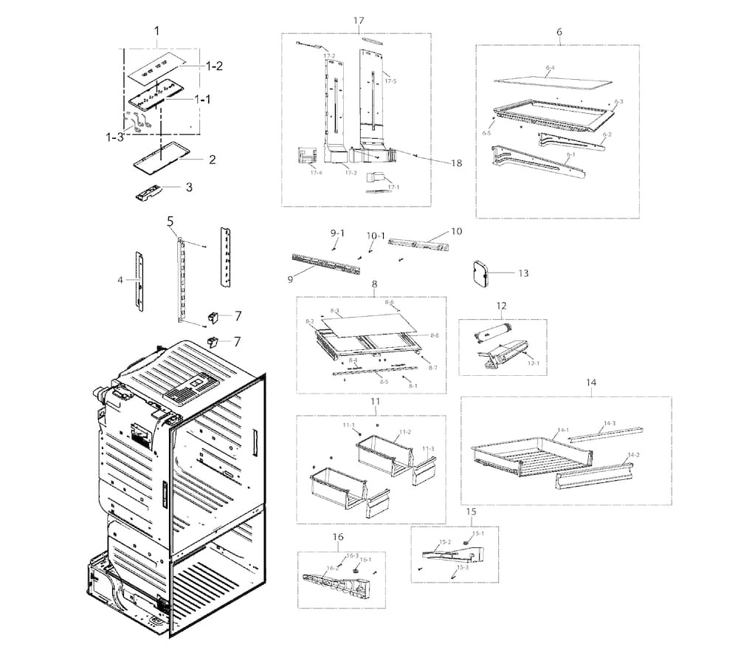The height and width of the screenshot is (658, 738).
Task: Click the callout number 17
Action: (359, 20)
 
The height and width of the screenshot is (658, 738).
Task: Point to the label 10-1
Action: (376, 236)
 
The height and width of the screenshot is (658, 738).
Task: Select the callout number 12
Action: (501, 306)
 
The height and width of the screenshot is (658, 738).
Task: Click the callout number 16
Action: (339, 537)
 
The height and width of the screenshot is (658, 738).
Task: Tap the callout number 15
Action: (470, 511)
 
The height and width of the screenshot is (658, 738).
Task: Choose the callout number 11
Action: (375, 401)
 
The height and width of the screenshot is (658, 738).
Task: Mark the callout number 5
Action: (170, 221)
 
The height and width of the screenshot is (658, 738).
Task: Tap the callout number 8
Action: (375, 284)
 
